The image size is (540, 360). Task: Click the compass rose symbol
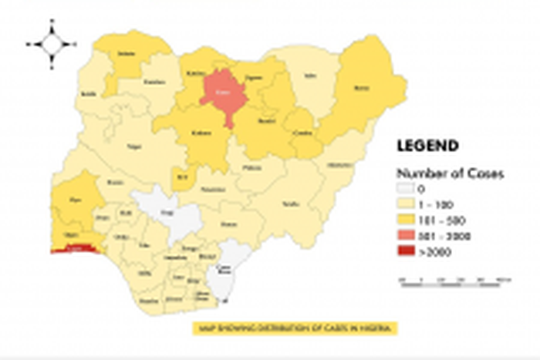click(51, 44)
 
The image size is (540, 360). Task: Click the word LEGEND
click(427, 145)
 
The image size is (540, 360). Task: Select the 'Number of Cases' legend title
click(450, 173)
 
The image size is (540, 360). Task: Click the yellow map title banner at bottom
click(295, 328)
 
